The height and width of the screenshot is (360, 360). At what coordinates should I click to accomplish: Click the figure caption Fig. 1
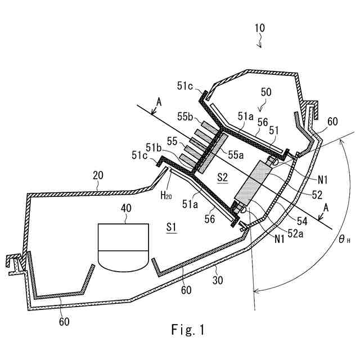[188, 330]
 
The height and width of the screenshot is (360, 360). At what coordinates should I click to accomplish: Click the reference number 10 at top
[260, 28]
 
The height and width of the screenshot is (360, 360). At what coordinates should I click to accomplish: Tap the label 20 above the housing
[98, 175]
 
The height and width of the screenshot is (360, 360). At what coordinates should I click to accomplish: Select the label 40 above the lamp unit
[126, 208]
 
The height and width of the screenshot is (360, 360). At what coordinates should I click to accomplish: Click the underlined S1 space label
[172, 227]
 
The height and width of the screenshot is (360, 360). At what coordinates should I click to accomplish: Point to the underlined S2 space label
[223, 178]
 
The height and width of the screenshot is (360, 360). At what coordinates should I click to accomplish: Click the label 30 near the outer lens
[218, 280]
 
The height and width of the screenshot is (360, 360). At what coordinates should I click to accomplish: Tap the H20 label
[166, 195]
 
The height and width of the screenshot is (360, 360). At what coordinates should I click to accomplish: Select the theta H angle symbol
[344, 240]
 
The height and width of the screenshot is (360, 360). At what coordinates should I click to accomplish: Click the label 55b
[185, 117]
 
